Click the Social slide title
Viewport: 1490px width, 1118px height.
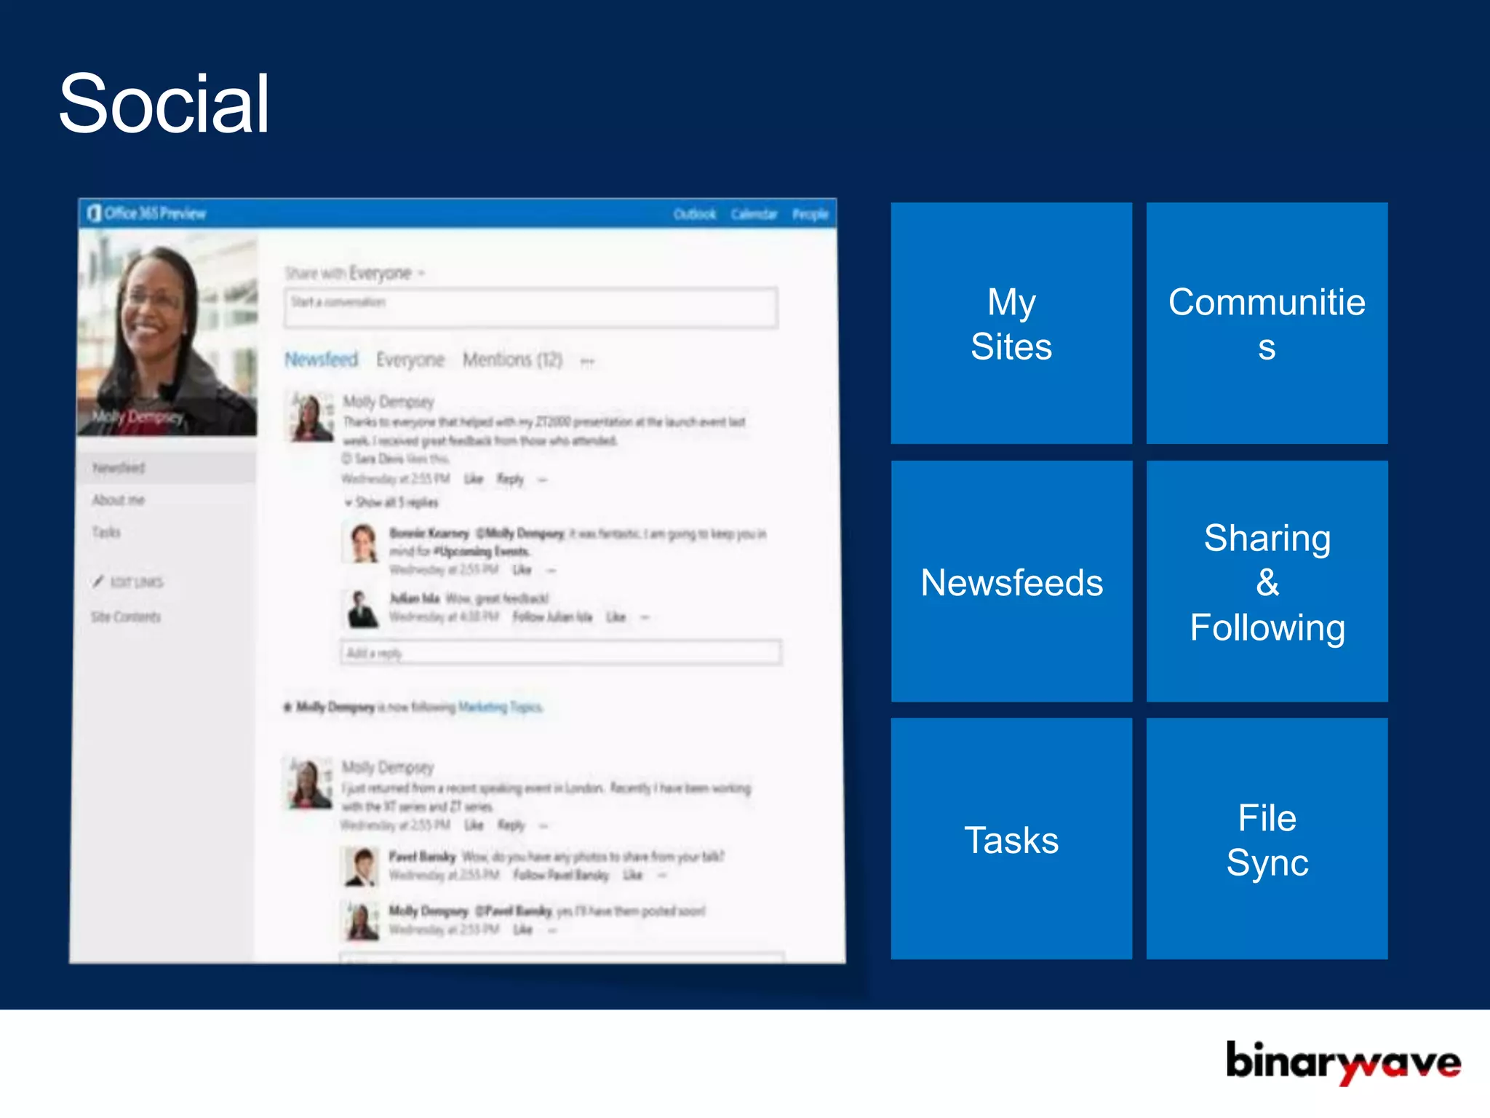click(164, 103)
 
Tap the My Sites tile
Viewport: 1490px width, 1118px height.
click(1011, 323)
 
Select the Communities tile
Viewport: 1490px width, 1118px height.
click(1267, 323)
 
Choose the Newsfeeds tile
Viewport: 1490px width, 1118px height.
click(1011, 582)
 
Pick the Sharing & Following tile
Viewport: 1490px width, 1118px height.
click(1267, 582)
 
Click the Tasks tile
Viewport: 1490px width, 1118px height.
click(1011, 839)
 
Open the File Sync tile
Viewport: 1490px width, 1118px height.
click(1267, 839)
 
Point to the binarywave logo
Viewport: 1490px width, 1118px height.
click(1342, 1062)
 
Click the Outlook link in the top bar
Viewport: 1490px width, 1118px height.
click(694, 214)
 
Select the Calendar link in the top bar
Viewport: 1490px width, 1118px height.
click(754, 214)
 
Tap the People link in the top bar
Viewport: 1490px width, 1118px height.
click(810, 214)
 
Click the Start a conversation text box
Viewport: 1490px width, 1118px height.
click(530, 308)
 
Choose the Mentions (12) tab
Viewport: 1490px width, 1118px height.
click(512, 360)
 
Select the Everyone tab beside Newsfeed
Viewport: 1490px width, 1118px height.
click(410, 360)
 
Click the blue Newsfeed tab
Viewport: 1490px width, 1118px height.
click(321, 360)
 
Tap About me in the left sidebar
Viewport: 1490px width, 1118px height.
click(118, 499)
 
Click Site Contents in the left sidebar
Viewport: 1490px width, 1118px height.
click(126, 617)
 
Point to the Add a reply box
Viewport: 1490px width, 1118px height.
click(560, 652)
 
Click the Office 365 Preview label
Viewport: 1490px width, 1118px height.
click(154, 213)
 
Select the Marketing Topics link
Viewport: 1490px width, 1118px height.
click(500, 707)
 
